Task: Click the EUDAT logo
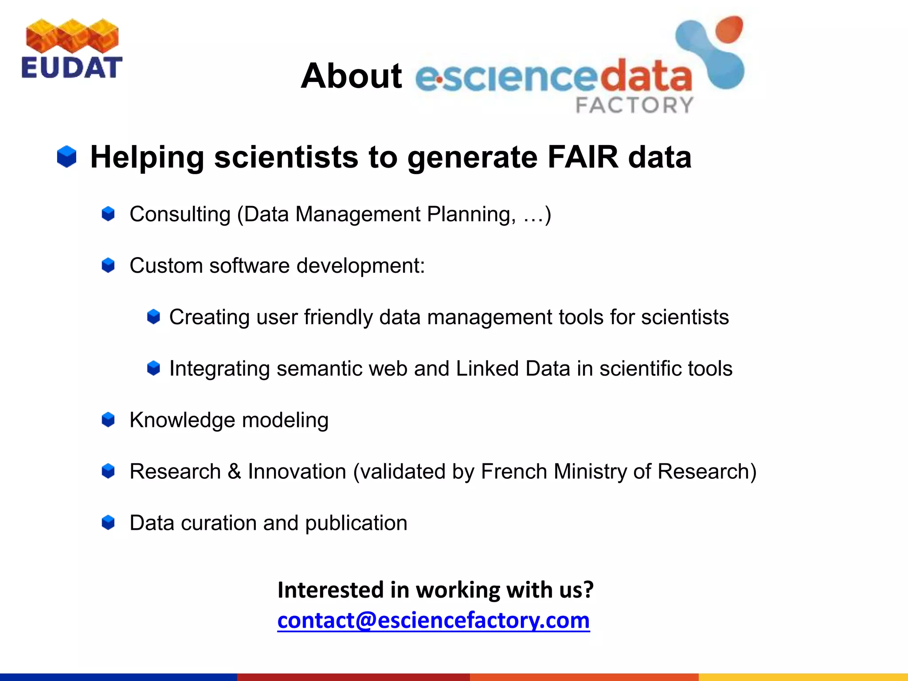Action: click(x=72, y=49)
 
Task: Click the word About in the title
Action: click(x=351, y=76)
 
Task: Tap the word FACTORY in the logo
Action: click(x=634, y=106)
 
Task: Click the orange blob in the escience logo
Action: click(x=728, y=29)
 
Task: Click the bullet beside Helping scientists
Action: click(x=67, y=157)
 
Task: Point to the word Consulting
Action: click(x=180, y=214)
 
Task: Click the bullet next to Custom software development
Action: click(x=108, y=266)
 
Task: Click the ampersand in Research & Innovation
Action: click(x=234, y=471)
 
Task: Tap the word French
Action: click(x=514, y=471)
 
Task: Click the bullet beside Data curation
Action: click(x=108, y=523)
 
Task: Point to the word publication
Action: click(x=356, y=523)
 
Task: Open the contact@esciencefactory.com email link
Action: click(x=433, y=620)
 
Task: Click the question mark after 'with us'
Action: click(x=588, y=590)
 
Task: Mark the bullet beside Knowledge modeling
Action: click(x=108, y=420)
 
